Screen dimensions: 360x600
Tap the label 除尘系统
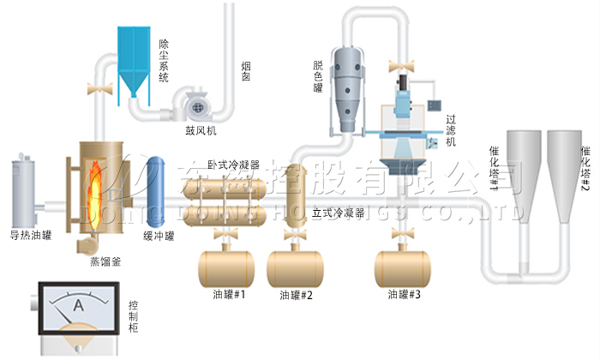[164, 59]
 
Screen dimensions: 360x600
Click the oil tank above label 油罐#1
[228, 267]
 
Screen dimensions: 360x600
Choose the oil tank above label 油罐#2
[296, 267]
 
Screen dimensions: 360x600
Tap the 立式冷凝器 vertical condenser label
[338, 209]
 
